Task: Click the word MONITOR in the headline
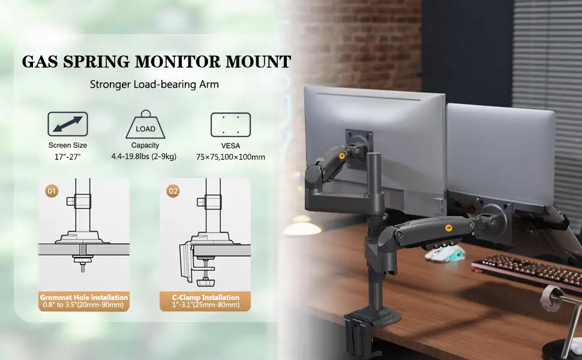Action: pyautogui.click(x=178, y=62)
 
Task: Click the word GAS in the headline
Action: pyautogui.click(x=40, y=62)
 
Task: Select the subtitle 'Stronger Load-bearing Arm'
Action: pyautogui.click(x=154, y=85)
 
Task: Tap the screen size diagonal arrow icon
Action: pyautogui.click(x=68, y=124)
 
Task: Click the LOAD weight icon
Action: pyautogui.click(x=145, y=125)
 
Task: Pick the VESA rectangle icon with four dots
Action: pyautogui.click(x=230, y=125)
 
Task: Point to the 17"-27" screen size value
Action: pyautogui.click(x=68, y=157)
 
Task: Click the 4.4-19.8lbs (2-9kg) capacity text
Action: pyautogui.click(x=144, y=157)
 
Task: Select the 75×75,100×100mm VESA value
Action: pyautogui.click(x=230, y=157)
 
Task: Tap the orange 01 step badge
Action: pyautogui.click(x=52, y=191)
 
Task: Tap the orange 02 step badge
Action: pyautogui.click(x=173, y=191)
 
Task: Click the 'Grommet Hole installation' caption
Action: pyautogui.click(x=84, y=297)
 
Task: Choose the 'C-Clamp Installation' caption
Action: pyautogui.click(x=206, y=297)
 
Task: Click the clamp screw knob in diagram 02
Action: pyautogui.click(x=204, y=283)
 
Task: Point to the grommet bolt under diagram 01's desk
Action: pyautogui.click(x=82, y=262)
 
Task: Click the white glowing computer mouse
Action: pyautogui.click(x=445, y=254)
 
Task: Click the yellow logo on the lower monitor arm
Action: pyautogui.click(x=448, y=228)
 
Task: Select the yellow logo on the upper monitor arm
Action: pyautogui.click(x=342, y=156)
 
